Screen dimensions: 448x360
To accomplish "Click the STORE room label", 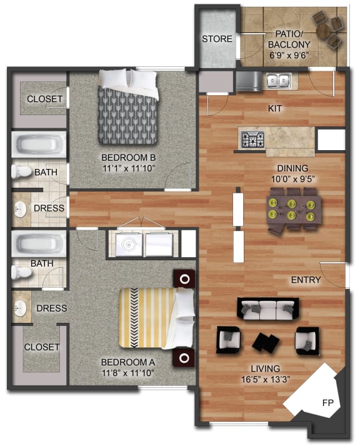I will pyautogui.click(x=217, y=39).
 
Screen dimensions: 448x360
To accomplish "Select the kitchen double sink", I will pyautogui.click(x=277, y=79).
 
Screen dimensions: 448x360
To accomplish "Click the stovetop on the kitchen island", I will pyautogui.click(x=252, y=138).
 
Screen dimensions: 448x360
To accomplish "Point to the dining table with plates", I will pyautogui.click(x=291, y=210).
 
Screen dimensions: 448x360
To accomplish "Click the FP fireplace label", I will pyautogui.click(x=327, y=402).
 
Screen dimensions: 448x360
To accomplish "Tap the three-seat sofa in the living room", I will pyautogui.click(x=267, y=308).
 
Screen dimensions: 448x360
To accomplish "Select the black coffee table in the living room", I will pyautogui.click(x=266, y=342).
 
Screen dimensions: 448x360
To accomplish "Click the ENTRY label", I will pyautogui.click(x=306, y=280).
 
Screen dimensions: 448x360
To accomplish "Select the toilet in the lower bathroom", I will pyautogui.click(x=22, y=272).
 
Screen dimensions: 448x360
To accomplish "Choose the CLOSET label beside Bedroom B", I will pyautogui.click(x=44, y=99).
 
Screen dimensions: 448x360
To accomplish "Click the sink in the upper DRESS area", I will pyautogui.click(x=21, y=208).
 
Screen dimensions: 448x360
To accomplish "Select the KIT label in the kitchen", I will pyautogui.click(x=275, y=108).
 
